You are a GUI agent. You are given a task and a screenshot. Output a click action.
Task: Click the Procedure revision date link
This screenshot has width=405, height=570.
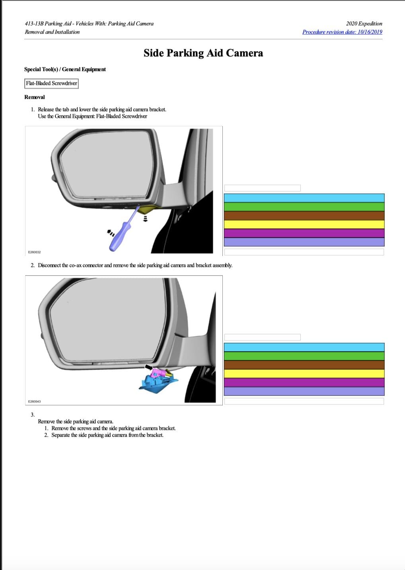(342, 32)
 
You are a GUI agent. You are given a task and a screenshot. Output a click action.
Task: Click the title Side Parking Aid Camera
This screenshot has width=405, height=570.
(203, 53)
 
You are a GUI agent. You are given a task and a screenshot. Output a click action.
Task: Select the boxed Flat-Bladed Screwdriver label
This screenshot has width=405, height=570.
(51, 83)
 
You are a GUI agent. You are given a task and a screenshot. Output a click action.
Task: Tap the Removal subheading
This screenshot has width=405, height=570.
(34, 97)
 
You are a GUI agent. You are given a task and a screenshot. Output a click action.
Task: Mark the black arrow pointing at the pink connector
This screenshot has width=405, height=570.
(148, 366)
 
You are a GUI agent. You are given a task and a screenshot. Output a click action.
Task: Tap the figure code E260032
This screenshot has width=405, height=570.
(34, 252)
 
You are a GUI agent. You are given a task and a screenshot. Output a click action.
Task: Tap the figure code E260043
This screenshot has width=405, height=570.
(34, 401)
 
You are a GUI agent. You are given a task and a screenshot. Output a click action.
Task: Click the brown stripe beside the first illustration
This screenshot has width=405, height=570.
(304, 215)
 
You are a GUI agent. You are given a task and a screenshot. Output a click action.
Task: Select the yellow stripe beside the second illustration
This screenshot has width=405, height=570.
(304, 374)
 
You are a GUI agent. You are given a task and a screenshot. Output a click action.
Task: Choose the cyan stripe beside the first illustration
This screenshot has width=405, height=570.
(304, 198)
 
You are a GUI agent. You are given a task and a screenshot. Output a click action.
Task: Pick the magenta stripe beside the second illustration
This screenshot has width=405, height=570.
(304, 382)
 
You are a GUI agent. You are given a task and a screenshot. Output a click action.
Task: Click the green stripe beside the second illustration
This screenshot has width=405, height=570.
(304, 356)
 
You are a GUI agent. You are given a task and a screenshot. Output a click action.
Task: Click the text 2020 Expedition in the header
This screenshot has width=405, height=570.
(364, 24)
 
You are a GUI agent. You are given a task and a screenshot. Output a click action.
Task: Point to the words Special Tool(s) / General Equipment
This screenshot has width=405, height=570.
(65, 69)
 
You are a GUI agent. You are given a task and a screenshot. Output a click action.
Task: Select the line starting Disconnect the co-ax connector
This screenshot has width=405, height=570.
(135, 265)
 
